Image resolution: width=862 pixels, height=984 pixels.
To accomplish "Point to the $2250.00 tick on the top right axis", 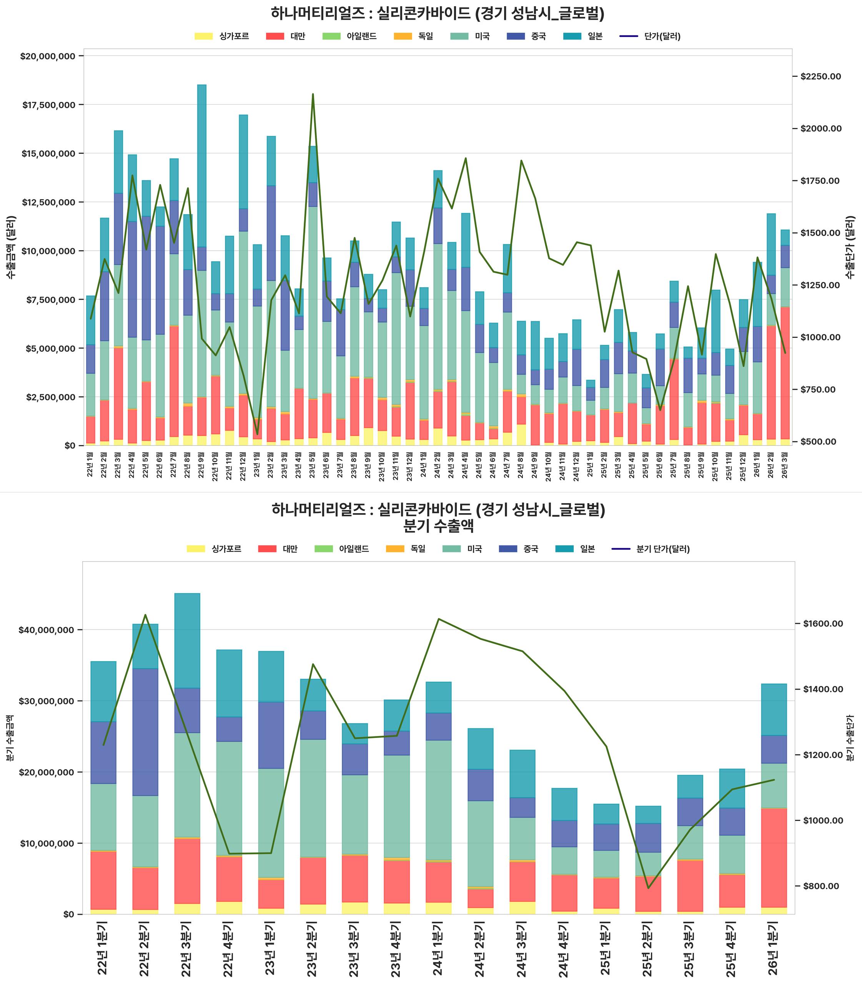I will [820, 76].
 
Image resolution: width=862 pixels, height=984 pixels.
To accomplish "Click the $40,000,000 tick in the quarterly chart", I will [45, 630].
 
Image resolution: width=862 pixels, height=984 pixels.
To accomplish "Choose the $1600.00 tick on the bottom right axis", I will [822, 624].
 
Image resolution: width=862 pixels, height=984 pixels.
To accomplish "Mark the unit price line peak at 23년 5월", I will [313, 94].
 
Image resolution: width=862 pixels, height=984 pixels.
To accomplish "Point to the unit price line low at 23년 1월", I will [257, 434].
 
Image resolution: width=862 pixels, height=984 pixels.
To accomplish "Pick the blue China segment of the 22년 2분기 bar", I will [145, 732].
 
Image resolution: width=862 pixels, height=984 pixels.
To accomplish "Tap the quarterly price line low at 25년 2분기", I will [648, 888].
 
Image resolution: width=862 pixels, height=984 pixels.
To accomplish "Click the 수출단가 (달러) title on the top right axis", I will [850, 247].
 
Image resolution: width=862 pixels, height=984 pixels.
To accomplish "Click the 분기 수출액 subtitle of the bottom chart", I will [438, 526].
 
